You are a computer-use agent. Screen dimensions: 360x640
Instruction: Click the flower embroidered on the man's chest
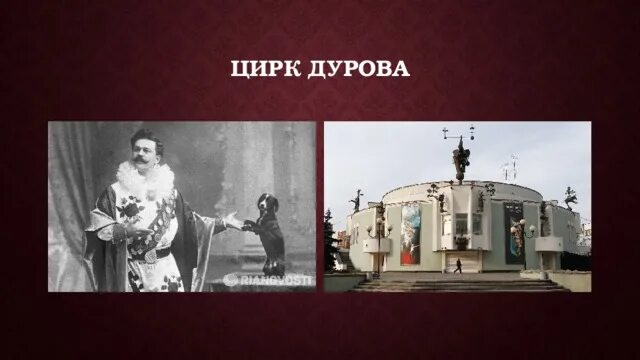pyautogui.click(x=130, y=207)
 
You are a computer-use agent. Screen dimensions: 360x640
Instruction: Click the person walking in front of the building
pyautogui.click(x=457, y=267)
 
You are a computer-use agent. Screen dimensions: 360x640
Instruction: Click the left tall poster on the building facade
pyautogui.click(x=411, y=233)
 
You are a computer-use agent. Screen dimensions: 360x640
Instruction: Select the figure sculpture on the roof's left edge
pyautogui.click(x=356, y=200)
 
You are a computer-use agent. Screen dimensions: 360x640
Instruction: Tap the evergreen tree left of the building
pyautogui.click(x=330, y=240)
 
